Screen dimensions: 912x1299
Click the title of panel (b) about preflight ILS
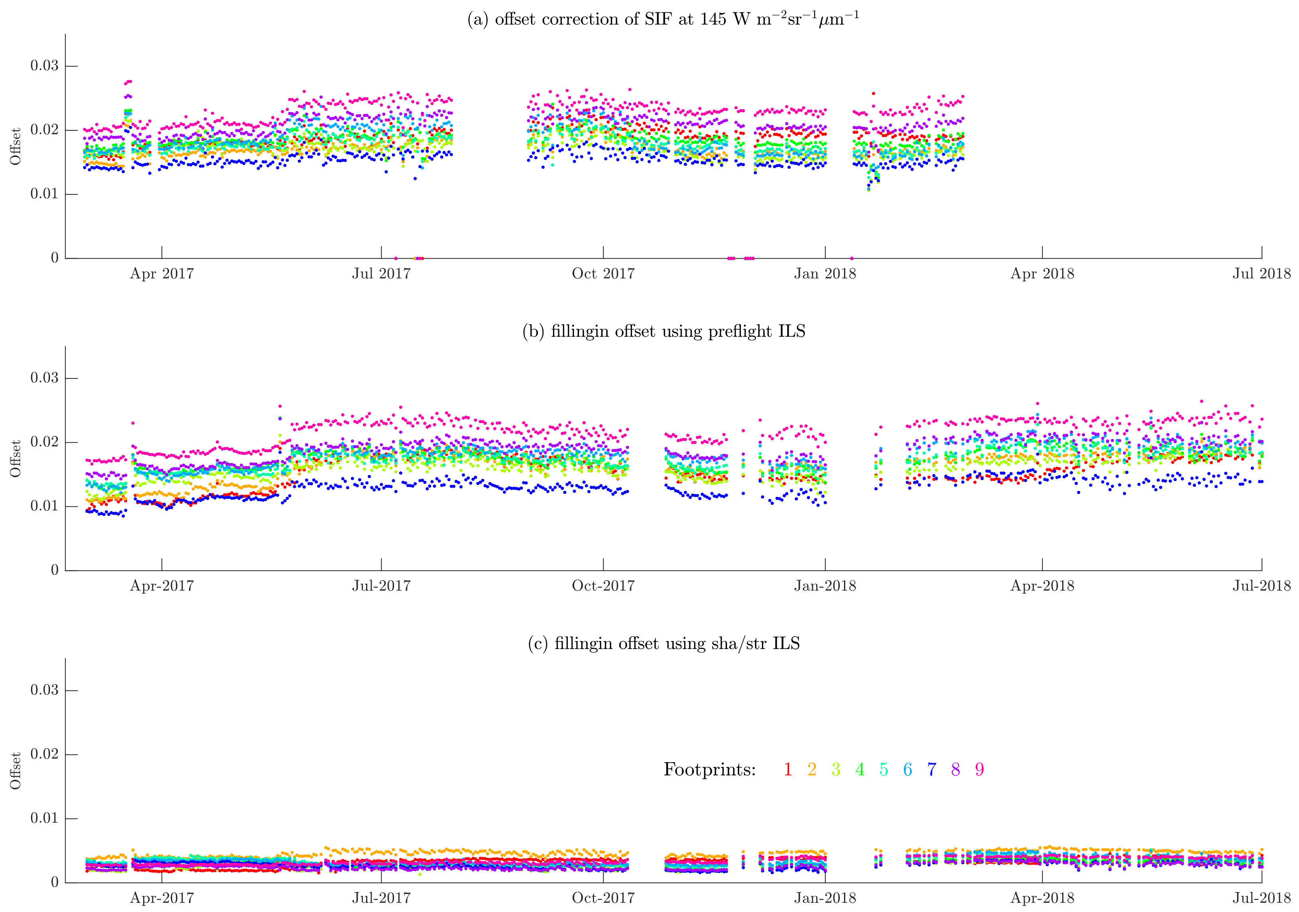click(x=663, y=331)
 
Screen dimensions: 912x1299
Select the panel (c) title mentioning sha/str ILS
click(x=663, y=643)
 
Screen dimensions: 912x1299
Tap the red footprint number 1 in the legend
click(x=787, y=769)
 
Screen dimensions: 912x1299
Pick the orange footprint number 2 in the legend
click(x=812, y=769)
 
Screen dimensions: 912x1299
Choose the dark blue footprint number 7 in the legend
click(x=931, y=769)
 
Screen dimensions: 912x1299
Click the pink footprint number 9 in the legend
click(x=979, y=769)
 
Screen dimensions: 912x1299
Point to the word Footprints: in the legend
click(x=709, y=769)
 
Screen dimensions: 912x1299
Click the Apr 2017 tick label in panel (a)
click(x=162, y=274)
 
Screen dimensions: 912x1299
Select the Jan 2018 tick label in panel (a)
click(x=825, y=274)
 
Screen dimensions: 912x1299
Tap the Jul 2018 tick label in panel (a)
click(x=1261, y=274)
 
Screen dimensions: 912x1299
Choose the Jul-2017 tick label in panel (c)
click(x=381, y=898)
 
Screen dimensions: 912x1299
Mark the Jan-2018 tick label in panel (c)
click(x=825, y=898)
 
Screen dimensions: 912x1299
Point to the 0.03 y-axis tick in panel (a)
click(x=44, y=66)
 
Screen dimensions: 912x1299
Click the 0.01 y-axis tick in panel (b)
click(x=44, y=506)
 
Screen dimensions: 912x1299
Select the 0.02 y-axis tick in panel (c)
click(x=44, y=754)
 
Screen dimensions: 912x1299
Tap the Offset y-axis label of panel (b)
click(x=15, y=459)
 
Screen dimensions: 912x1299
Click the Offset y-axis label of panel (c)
click(x=15, y=771)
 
